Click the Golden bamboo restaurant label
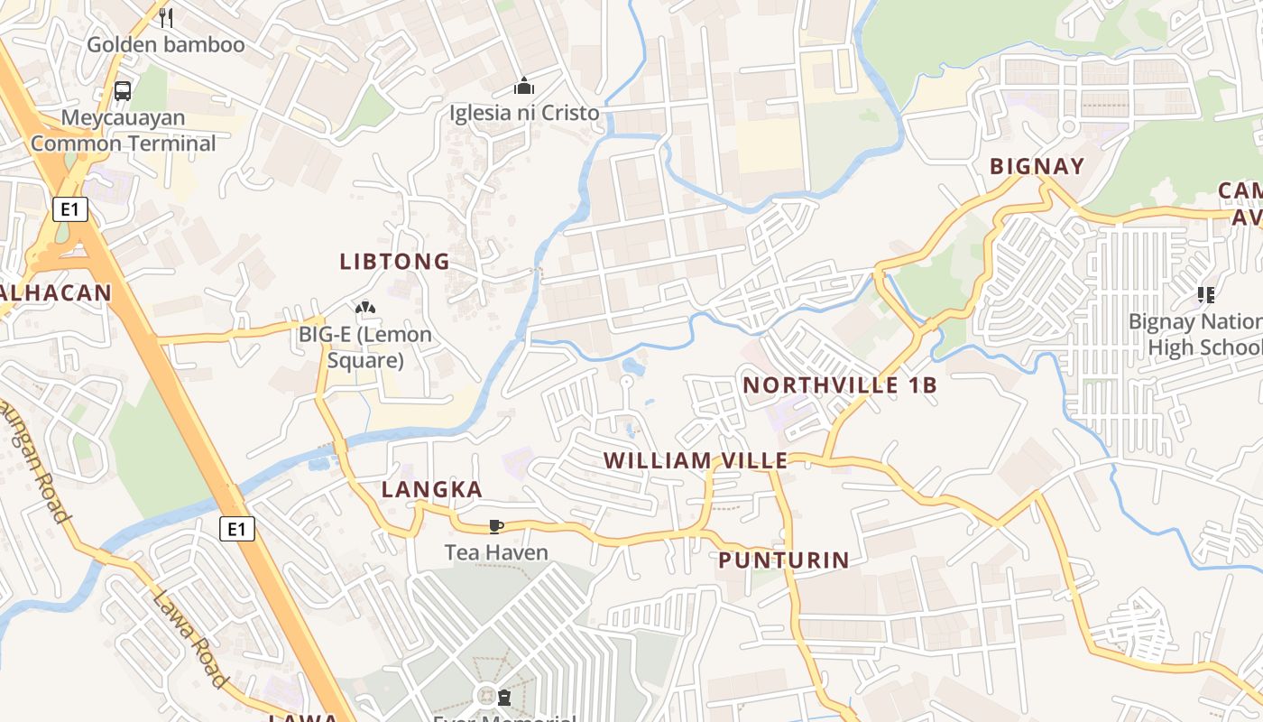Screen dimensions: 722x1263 [165, 44]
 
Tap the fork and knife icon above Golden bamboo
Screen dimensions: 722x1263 [165, 17]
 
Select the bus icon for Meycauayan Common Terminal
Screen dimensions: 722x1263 [123, 91]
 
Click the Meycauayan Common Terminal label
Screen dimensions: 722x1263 [124, 131]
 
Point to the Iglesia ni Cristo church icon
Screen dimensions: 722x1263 [523, 87]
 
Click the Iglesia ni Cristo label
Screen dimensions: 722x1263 [524, 113]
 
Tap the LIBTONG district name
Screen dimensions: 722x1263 [394, 262]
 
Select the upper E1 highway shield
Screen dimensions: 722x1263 [69, 210]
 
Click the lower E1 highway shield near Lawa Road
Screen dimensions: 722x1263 [236, 529]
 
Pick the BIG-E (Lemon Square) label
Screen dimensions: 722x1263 [365, 347]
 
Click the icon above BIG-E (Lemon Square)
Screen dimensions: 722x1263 [365, 309]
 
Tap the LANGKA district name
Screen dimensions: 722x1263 [432, 490]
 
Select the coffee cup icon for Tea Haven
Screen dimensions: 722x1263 [495, 525]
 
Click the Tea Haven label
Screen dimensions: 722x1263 [496, 551]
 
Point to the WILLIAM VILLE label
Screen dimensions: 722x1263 [696, 461]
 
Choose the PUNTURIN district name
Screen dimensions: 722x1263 [784, 560]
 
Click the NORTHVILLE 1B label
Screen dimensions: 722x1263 [840, 385]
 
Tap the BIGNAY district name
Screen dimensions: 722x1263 [1037, 166]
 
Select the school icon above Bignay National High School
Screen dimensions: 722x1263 [1205, 294]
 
